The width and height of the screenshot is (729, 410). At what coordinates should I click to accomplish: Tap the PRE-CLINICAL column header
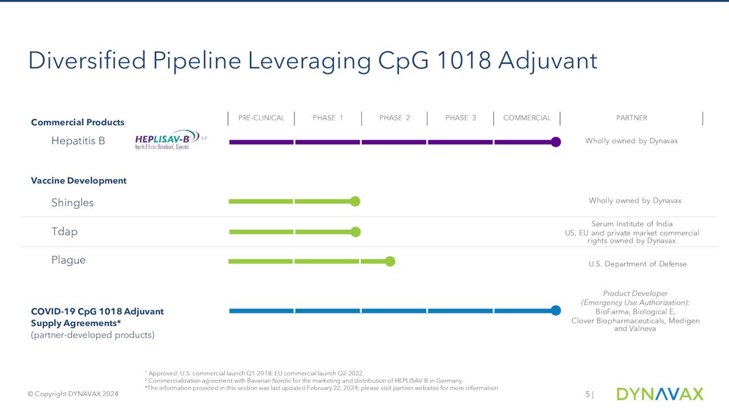261,118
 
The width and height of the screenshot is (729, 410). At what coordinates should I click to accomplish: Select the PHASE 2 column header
394,118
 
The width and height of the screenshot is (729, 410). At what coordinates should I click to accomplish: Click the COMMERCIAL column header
527,118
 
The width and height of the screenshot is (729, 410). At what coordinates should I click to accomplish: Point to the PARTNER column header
632,118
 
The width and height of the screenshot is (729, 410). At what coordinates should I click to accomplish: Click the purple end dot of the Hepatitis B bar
556,142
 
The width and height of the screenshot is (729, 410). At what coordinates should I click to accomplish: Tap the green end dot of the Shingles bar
355,201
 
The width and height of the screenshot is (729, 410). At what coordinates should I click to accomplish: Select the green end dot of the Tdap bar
356,232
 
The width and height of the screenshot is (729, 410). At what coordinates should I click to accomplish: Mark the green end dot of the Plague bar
390,261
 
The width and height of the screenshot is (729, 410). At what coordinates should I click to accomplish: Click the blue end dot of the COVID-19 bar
556,310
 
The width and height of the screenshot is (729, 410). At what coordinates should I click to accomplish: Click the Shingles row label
72,203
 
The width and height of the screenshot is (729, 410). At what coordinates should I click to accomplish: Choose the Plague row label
68,260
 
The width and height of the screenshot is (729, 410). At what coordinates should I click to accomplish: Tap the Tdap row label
64,232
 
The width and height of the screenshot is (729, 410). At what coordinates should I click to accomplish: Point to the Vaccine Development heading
79,181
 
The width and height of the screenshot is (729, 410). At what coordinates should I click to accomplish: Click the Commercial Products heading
77,122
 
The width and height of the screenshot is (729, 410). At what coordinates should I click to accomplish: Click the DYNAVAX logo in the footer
660,394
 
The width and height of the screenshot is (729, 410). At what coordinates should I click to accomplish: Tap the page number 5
587,395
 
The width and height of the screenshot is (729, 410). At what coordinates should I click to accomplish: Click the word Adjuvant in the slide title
547,61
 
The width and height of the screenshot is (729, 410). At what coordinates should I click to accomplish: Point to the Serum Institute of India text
632,224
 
